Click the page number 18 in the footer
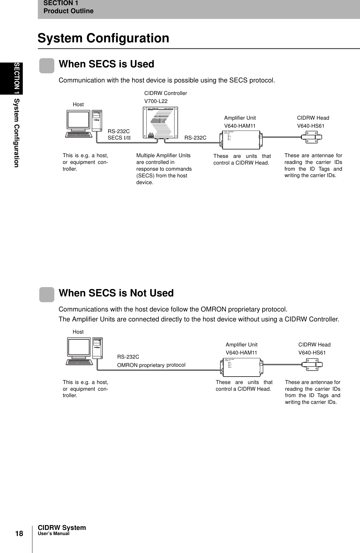[19, 533]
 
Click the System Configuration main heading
[103, 38]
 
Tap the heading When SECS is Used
[107, 64]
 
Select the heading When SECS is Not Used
[116, 293]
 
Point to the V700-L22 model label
[156, 101]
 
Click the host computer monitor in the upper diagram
[78, 120]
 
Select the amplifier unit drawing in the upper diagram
[241, 140]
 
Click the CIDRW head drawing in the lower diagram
[312, 365]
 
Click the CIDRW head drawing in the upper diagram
[312, 138]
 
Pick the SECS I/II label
[119, 138]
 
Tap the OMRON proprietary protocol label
[151, 365]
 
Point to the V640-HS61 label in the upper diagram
[311, 126]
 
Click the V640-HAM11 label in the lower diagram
[241, 353]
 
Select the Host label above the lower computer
[78, 332]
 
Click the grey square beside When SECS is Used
[47, 66]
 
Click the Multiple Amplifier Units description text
[164, 169]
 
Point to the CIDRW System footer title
[62, 528]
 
